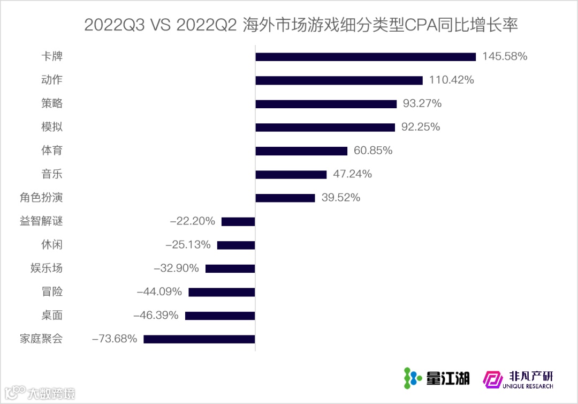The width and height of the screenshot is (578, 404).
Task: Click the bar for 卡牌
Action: tap(366, 57)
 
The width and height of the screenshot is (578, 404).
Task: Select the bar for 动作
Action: tap(339, 80)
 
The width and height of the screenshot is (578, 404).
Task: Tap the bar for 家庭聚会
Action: tap(199, 339)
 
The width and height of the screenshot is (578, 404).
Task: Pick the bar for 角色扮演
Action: tap(285, 198)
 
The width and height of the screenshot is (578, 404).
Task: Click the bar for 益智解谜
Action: tap(238, 221)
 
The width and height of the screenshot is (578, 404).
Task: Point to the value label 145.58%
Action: tap(505, 56)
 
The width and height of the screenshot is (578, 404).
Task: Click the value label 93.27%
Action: tap(422, 103)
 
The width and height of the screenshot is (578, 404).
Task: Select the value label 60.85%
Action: tap(373, 151)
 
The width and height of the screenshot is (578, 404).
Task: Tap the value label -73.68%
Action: tap(115, 339)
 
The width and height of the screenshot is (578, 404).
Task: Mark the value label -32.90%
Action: tap(176, 268)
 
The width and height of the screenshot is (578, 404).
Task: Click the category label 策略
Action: tap(52, 103)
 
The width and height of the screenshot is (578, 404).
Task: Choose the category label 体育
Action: tap(52, 151)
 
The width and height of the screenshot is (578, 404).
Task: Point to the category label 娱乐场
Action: tap(47, 268)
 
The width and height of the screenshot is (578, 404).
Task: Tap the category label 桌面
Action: tap(52, 315)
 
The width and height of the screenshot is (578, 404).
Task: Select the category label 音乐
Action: tap(52, 174)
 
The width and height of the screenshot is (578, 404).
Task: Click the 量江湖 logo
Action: tap(436, 378)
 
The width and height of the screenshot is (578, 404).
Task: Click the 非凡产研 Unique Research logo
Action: tap(518, 379)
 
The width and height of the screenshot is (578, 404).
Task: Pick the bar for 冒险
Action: tap(222, 292)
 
